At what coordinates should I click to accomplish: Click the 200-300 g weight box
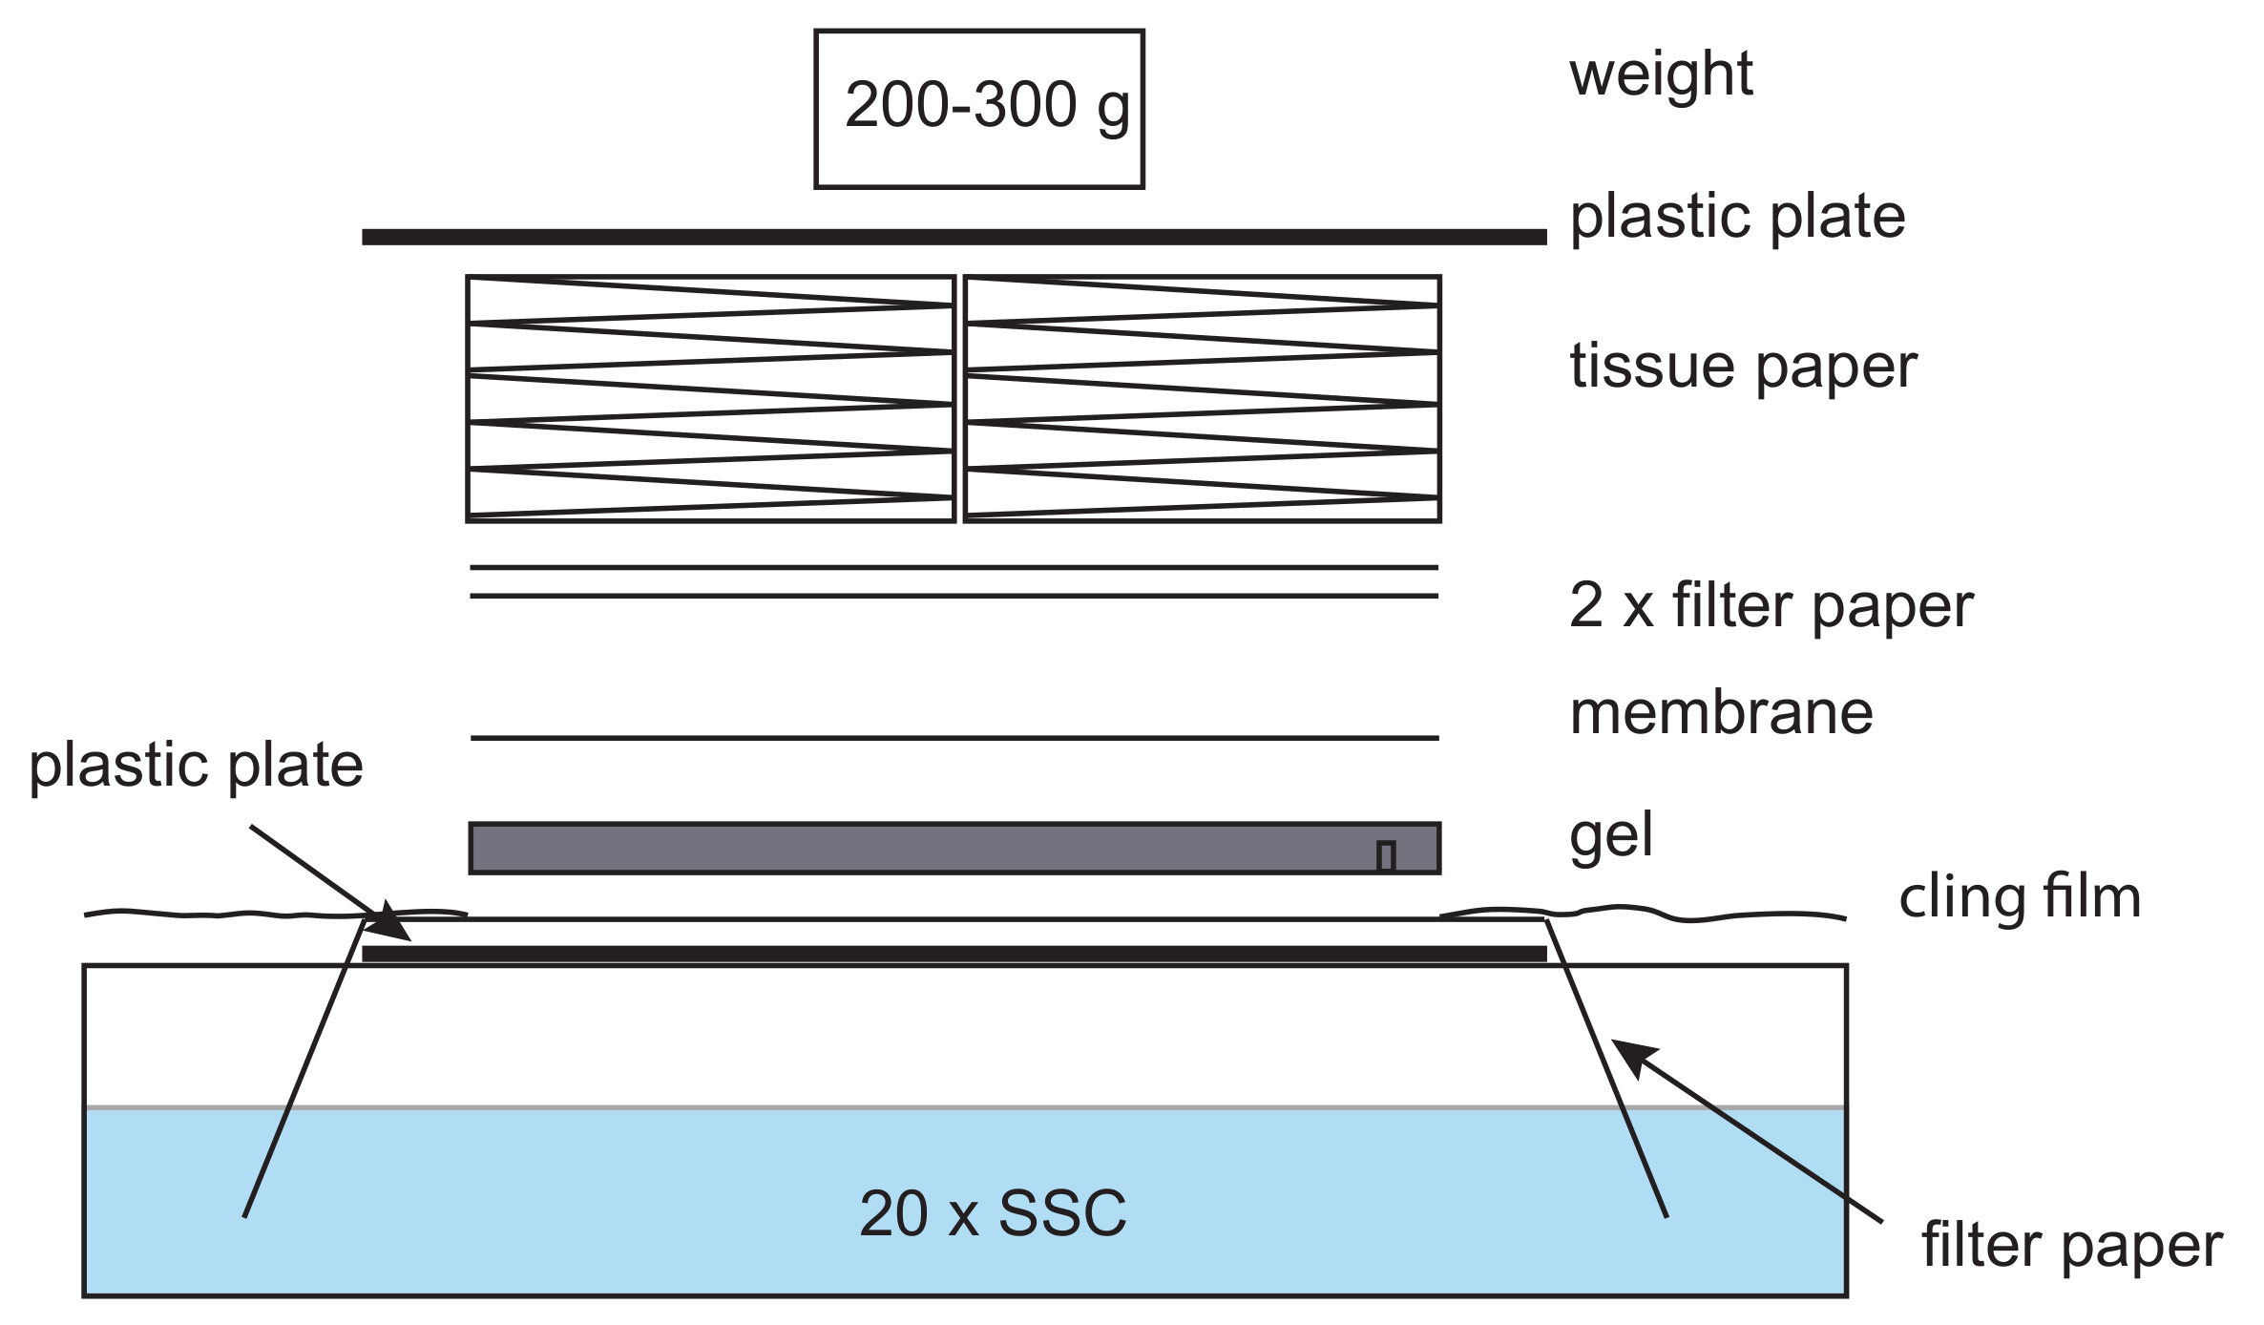978,109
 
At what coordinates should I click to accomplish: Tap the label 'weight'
1661,75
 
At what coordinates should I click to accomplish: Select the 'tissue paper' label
1743,368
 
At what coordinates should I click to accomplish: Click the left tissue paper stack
711,398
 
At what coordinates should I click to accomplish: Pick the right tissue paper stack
1202,398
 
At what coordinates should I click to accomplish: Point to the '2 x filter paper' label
1771,606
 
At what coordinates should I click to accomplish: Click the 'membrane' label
1721,713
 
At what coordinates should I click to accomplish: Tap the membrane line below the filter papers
954,738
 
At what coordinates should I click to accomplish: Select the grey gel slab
954,848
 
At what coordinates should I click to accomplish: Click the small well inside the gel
1386,855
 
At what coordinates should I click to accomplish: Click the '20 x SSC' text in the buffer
993,1214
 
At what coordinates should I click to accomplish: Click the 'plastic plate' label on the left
197,766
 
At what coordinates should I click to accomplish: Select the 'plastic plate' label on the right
1737,217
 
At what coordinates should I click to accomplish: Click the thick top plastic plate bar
954,237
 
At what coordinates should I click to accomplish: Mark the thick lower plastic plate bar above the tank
954,954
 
